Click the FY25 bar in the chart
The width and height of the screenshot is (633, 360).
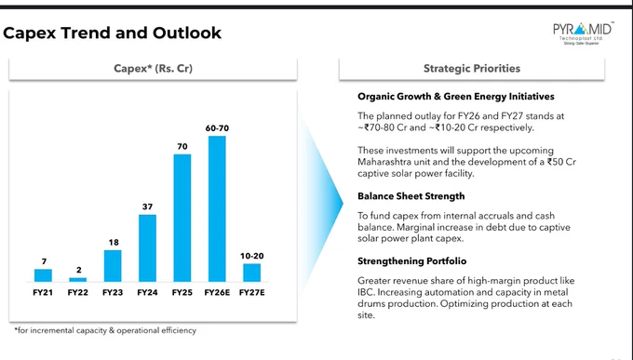coord(182,218)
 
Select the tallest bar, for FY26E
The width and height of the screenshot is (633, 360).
coord(217,208)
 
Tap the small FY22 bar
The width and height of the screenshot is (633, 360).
coord(78,279)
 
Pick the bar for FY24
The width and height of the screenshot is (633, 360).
coord(147,248)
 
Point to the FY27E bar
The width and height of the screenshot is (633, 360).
coord(252,273)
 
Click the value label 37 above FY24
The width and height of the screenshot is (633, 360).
coord(147,207)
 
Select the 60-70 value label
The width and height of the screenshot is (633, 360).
coord(217,128)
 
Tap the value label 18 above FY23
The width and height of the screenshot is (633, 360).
coord(114,242)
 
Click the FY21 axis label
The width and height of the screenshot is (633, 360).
coord(43,292)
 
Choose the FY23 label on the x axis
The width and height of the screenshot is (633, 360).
coord(113,292)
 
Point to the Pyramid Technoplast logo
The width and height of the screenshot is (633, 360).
coord(583,33)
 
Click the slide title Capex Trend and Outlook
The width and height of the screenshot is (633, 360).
coord(113,33)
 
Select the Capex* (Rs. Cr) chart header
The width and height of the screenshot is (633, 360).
coord(153,68)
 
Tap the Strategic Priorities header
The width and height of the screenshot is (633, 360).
coord(472,68)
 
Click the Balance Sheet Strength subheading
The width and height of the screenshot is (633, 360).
coord(411,196)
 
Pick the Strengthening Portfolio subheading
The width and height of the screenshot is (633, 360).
coord(411,261)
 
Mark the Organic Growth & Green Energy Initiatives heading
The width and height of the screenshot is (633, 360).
coord(456,97)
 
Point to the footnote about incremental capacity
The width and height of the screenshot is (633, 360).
coord(105,330)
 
